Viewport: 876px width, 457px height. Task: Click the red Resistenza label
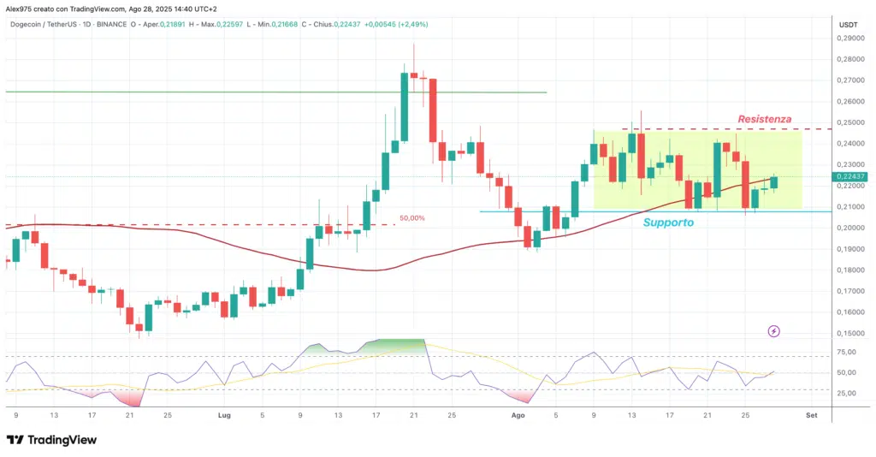pyautogui.click(x=764, y=119)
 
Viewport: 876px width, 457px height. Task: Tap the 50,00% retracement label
pyautogui.click(x=412, y=218)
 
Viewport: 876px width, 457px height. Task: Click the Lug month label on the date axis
pyautogui.click(x=225, y=415)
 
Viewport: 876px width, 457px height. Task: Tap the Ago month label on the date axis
pyautogui.click(x=517, y=415)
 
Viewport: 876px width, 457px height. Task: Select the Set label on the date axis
pyautogui.click(x=811, y=415)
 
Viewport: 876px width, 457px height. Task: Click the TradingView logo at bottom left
pyautogui.click(x=51, y=439)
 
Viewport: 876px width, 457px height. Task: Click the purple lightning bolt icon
pyautogui.click(x=773, y=330)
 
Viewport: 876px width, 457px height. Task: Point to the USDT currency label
pyautogui.click(x=849, y=25)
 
